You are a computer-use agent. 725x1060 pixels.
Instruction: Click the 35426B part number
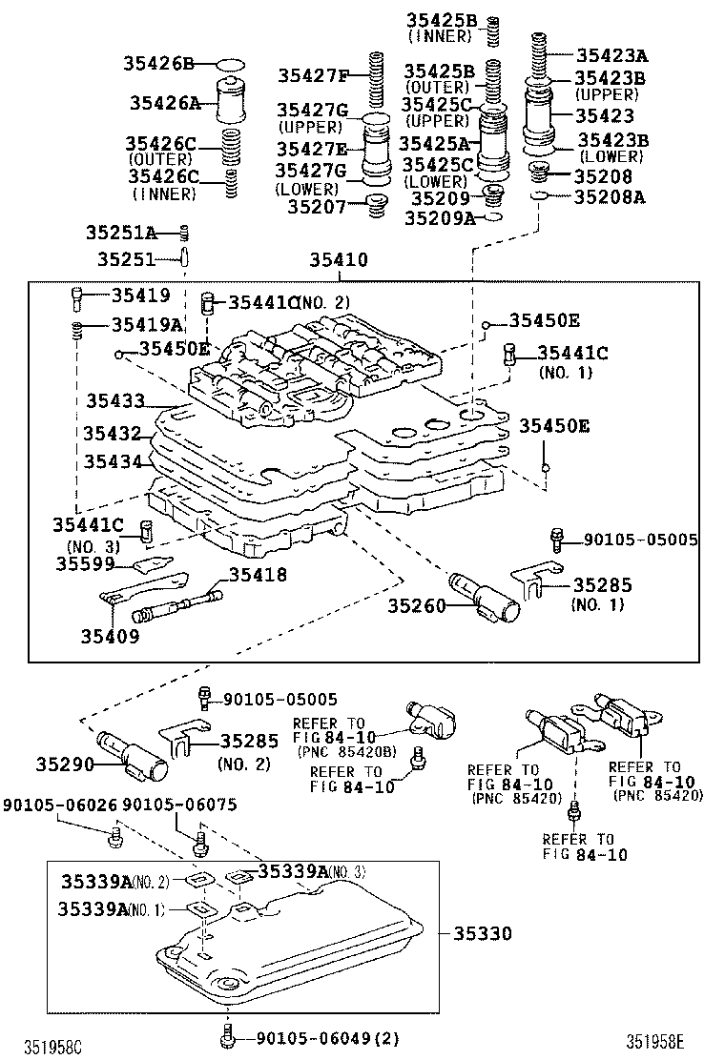click(157, 64)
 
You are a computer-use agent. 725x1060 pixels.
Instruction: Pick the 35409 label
click(111, 636)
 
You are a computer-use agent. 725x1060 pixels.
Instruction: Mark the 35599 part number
click(84, 563)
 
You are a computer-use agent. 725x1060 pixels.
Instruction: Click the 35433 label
click(115, 401)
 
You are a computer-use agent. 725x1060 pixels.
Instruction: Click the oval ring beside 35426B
click(230, 65)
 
